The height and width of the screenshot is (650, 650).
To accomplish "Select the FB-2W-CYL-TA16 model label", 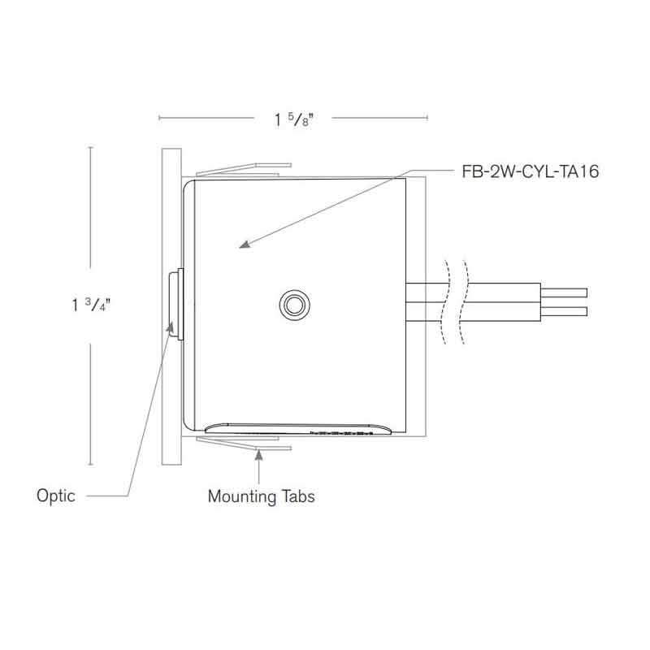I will tap(531, 172).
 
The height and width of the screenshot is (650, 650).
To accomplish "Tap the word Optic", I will tap(56, 495).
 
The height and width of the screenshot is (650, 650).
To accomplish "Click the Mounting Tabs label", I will tap(260, 496).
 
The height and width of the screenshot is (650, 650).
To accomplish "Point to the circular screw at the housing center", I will tap(292, 305).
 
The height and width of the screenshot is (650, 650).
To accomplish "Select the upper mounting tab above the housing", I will tap(242, 170).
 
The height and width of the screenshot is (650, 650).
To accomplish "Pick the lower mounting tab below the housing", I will tap(242, 441).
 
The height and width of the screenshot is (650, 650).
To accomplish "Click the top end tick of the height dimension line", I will tap(89, 147).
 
